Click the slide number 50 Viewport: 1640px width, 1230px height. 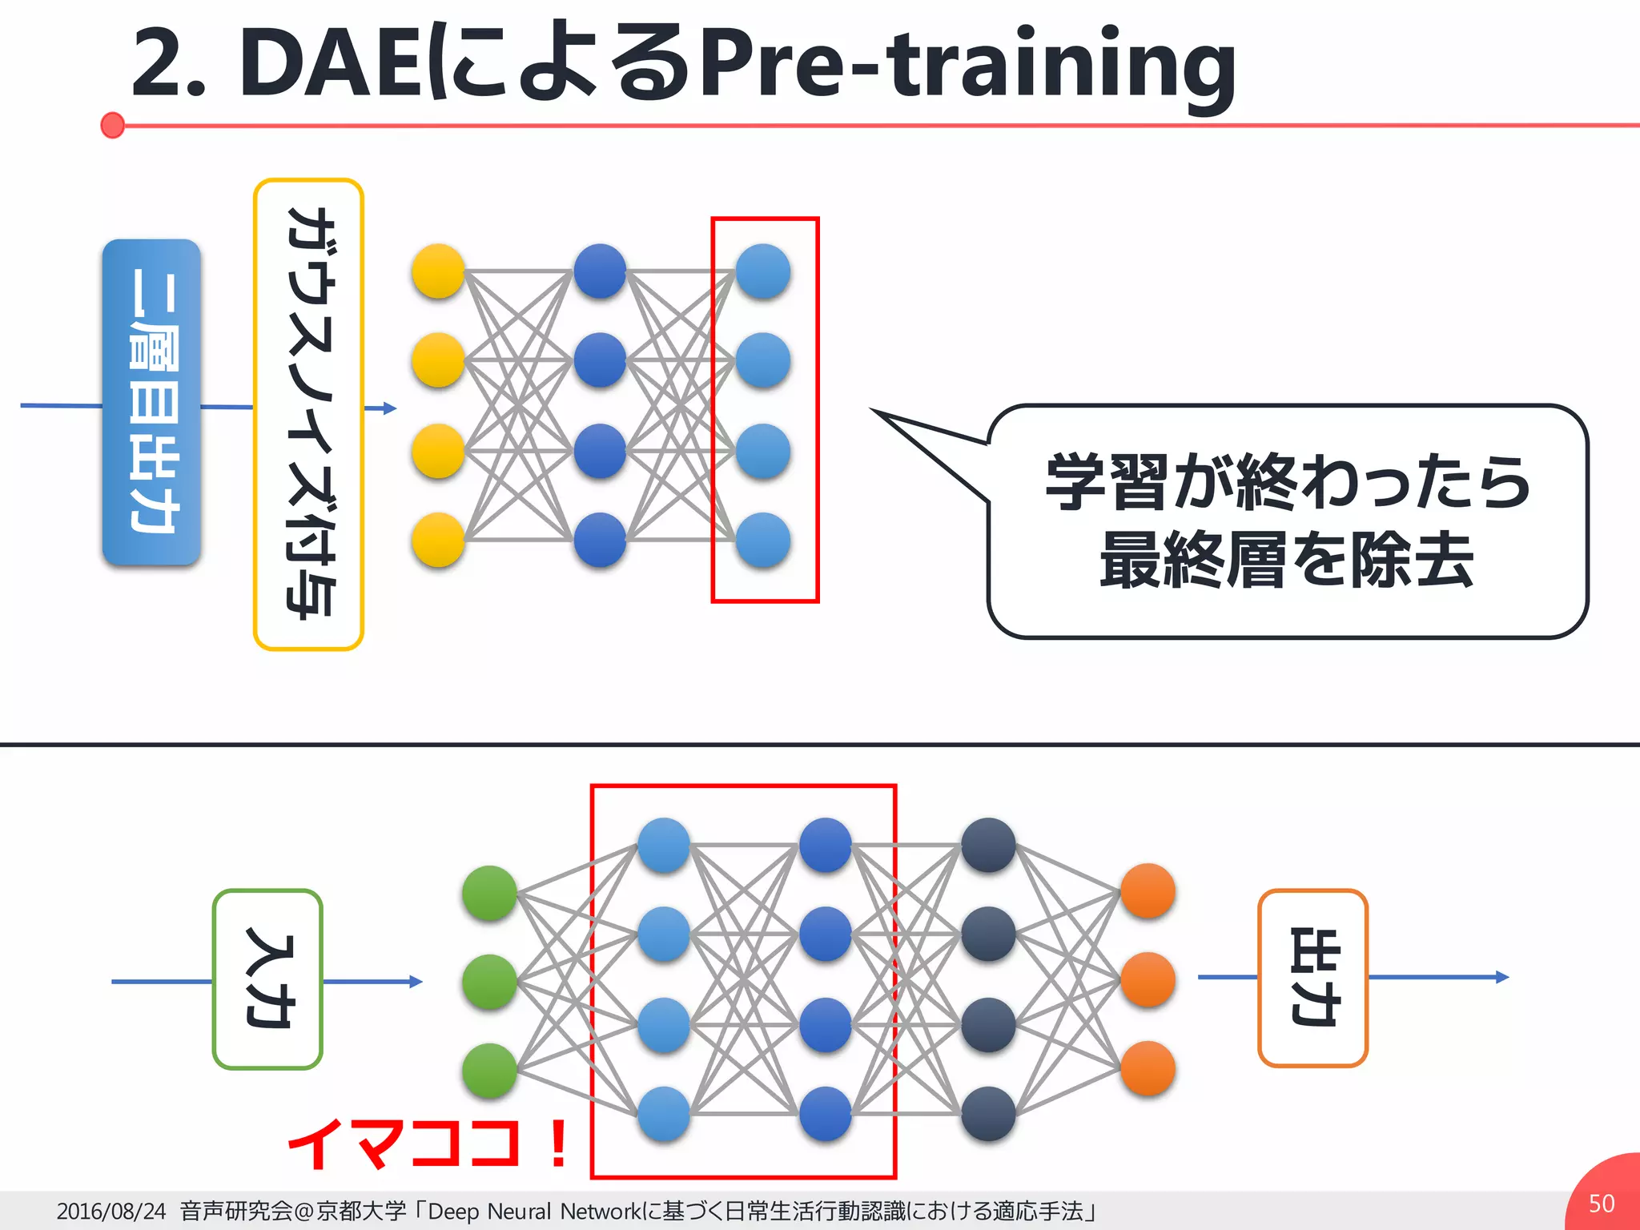coord(1602,1204)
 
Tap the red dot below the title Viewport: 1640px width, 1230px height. coord(113,125)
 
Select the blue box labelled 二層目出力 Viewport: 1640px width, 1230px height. coord(151,402)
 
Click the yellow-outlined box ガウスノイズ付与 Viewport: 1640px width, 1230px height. coord(309,414)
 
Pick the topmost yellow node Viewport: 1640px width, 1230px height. coord(438,271)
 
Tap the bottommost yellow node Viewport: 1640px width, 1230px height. coord(438,540)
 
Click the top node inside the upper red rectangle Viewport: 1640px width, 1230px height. coord(763,271)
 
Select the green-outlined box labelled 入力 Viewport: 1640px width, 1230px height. coord(268,979)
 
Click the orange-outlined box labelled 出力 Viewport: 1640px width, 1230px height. coord(1312,978)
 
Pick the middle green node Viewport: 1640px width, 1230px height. coord(489,981)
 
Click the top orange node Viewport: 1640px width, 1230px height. coord(1148,890)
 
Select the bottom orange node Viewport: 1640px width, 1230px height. coord(1148,1068)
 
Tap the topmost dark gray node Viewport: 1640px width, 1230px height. coord(988,845)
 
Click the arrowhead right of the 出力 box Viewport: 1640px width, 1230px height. coord(1502,977)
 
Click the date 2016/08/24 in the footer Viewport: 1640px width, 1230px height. coord(111,1211)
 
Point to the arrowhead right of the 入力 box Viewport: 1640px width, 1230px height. coord(416,982)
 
